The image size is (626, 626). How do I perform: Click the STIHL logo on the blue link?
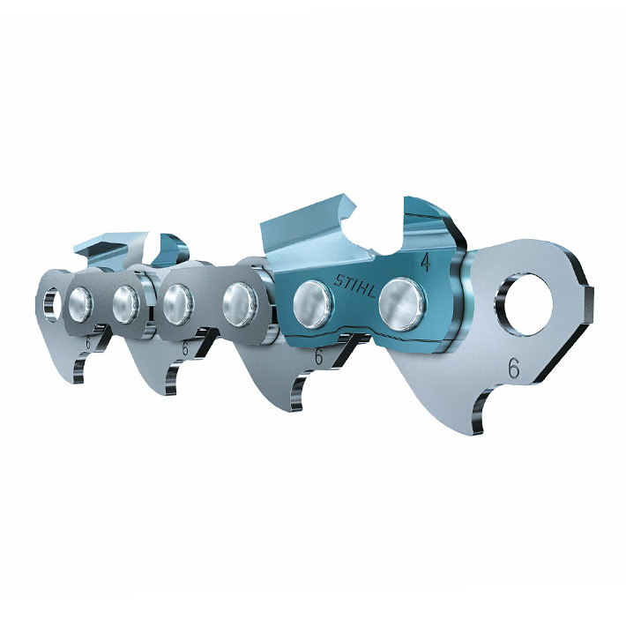pos(355,286)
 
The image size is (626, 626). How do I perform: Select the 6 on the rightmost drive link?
pos(514,368)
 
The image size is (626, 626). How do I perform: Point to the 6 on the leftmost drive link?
pos(88,343)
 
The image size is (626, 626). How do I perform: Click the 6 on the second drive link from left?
pos(185,348)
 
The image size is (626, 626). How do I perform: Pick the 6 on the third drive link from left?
pos(318,356)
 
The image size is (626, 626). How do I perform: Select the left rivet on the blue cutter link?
pos(314,304)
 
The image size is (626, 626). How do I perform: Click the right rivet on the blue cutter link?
pos(401,304)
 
